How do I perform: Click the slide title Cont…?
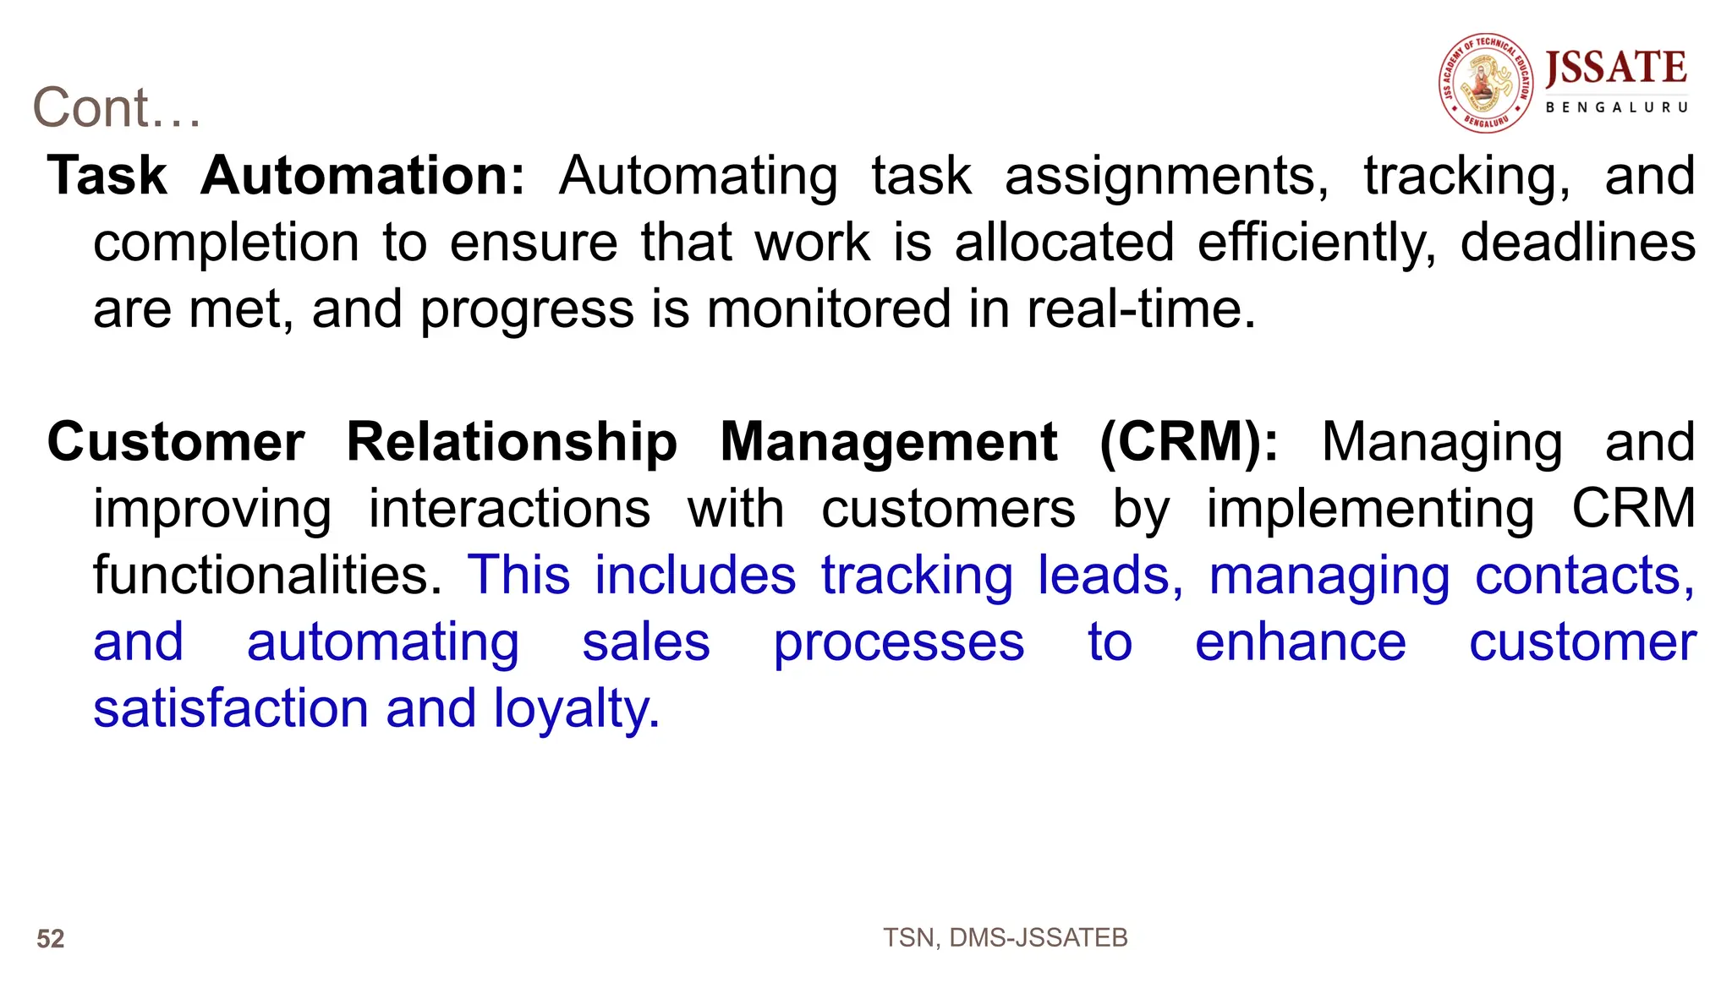[x=117, y=108]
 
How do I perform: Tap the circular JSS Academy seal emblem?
[x=1486, y=83]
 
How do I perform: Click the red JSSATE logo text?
[x=1616, y=68]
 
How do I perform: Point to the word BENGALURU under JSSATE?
[x=1616, y=107]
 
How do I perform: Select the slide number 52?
[x=51, y=939]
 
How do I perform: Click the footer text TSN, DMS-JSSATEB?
[x=1005, y=938]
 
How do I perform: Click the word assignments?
[x=1166, y=177]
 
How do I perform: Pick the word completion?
[x=226, y=243]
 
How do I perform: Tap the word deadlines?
[x=1577, y=243]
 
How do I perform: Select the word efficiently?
[x=1316, y=243]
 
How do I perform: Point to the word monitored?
[x=829, y=309]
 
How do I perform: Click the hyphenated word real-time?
[x=1142, y=309]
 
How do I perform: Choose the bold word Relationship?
[x=512, y=442]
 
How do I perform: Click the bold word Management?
[x=888, y=442]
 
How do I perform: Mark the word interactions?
[x=509, y=509]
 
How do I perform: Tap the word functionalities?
[x=267, y=576]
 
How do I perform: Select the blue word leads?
[x=1110, y=576]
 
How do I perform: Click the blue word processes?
[x=899, y=642]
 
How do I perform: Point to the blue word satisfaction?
[x=230, y=708]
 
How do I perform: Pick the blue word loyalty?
[x=576, y=708]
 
